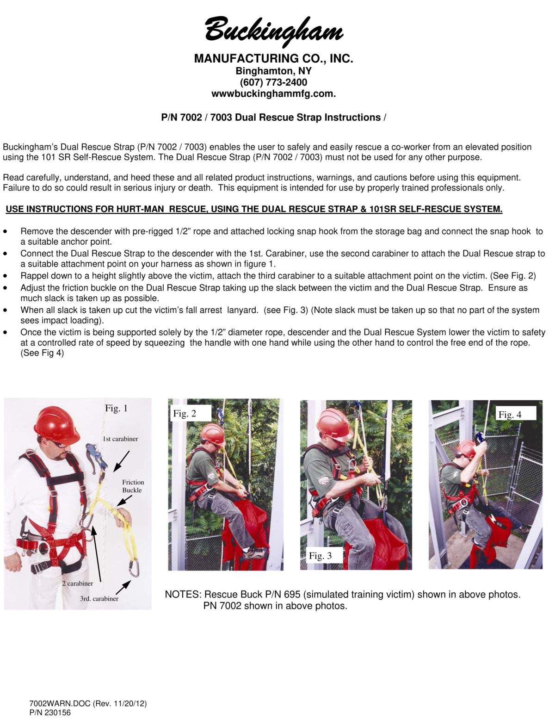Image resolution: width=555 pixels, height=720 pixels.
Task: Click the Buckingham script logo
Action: pyautogui.click(x=274, y=30)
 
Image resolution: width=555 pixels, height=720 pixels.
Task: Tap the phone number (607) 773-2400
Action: pyautogui.click(x=273, y=82)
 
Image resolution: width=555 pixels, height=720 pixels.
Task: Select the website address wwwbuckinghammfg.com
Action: pyautogui.click(x=273, y=93)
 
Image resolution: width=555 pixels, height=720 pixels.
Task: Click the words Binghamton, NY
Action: pyautogui.click(x=273, y=71)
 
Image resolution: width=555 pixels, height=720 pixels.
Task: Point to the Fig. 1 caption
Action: pyautogui.click(x=116, y=408)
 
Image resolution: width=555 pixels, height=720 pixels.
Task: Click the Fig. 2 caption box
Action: pyautogui.click(x=185, y=414)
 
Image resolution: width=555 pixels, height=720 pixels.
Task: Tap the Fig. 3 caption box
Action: pyautogui.click(x=320, y=556)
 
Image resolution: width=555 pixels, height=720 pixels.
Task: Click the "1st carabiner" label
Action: pyautogui.click(x=120, y=439)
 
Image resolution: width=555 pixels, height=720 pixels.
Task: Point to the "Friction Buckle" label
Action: pyautogui.click(x=133, y=486)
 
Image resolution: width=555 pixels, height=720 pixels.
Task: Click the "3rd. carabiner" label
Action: pyautogui.click(x=99, y=599)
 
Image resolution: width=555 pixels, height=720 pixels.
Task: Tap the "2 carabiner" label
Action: pyautogui.click(x=78, y=583)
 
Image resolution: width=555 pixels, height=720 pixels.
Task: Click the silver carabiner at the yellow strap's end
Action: pyautogui.click(x=134, y=568)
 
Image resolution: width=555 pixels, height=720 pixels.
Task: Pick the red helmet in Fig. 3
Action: pyautogui.click(x=334, y=422)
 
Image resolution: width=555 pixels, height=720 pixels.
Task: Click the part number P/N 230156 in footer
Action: pyautogui.click(x=50, y=713)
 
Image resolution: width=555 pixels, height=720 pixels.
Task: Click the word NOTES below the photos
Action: pyautogui.click(x=183, y=595)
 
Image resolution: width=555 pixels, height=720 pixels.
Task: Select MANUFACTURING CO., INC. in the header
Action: pyautogui.click(x=273, y=59)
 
